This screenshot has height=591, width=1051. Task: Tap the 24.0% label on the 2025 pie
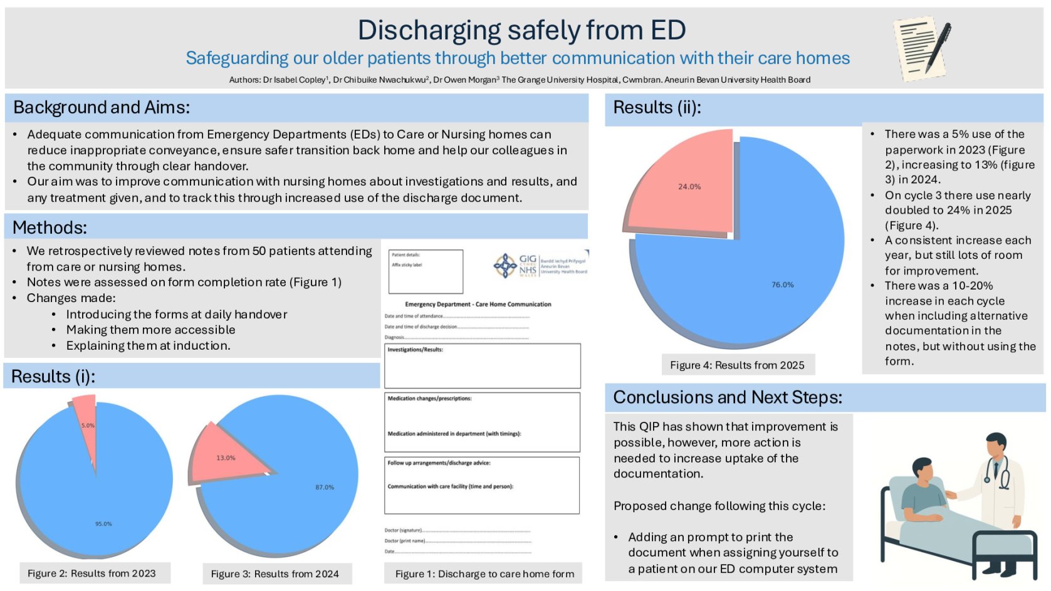tap(689, 187)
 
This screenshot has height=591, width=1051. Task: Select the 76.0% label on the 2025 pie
tap(782, 285)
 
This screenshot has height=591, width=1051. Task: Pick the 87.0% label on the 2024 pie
tap(325, 487)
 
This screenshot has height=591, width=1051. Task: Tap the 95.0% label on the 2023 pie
tap(103, 523)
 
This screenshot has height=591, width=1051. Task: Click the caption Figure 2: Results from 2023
tap(92, 573)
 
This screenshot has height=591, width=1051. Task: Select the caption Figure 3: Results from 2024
tap(275, 574)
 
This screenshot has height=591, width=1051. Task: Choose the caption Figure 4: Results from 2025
tap(737, 365)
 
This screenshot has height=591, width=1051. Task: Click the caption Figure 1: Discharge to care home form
tap(484, 574)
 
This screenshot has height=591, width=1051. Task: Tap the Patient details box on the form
tap(426, 271)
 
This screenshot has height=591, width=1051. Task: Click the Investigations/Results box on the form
tap(482, 365)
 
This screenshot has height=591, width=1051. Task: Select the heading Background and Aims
tap(102, 108)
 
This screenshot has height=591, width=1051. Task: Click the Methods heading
tap(50, 228)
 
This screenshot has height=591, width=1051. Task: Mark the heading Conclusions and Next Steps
tap(728, 397)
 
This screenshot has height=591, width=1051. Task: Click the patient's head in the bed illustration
tap(923, 469)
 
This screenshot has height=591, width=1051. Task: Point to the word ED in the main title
tap(668, 30)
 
